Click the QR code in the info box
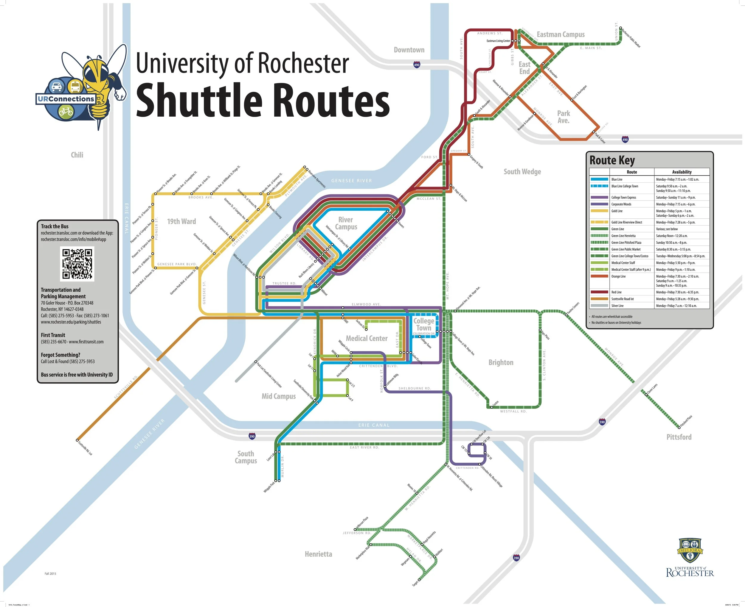[77, 264]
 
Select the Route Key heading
[612, 160]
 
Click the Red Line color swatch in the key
[599, 292]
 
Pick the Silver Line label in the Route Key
[617, 306]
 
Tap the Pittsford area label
[679, 437]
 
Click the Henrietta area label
[318, 554]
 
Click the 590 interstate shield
[602, 422]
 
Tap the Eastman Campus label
[561, 35]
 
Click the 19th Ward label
[181, 221]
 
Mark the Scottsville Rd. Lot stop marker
[77, 440]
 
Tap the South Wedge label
[522, 172]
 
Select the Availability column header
[682, 172]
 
